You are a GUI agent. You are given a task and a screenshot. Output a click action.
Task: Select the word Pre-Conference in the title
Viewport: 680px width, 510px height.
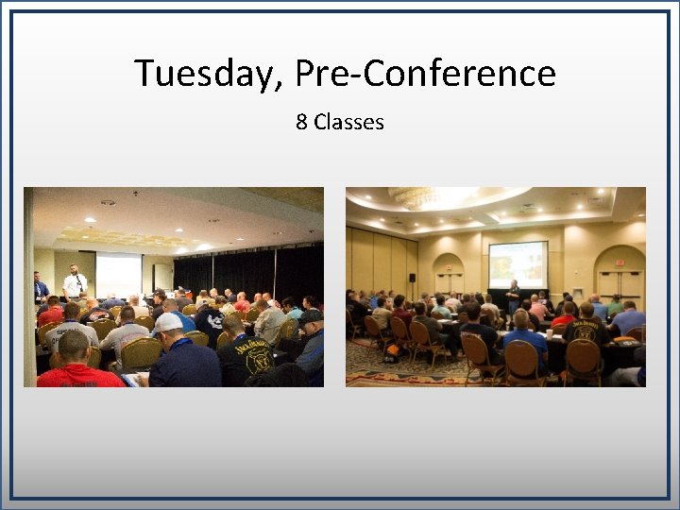(425, 73)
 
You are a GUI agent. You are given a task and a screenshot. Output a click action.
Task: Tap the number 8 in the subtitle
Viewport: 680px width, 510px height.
(301, 122)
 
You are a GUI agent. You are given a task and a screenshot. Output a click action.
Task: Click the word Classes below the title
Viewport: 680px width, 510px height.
(348, 122)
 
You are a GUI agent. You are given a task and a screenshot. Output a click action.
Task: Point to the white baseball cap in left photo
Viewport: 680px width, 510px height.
(169, 322)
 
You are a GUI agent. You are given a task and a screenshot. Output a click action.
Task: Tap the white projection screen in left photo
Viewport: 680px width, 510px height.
(118, 274)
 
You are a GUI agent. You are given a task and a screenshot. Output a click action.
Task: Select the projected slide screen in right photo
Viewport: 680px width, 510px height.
(518, 264)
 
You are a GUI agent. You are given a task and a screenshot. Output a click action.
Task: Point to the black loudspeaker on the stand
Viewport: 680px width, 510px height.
(412, 278)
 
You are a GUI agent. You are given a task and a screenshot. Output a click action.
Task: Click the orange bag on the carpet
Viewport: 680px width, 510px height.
(390, 352)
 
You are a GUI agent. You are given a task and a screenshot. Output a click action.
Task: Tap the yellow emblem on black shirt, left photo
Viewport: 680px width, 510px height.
(257, 359)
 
